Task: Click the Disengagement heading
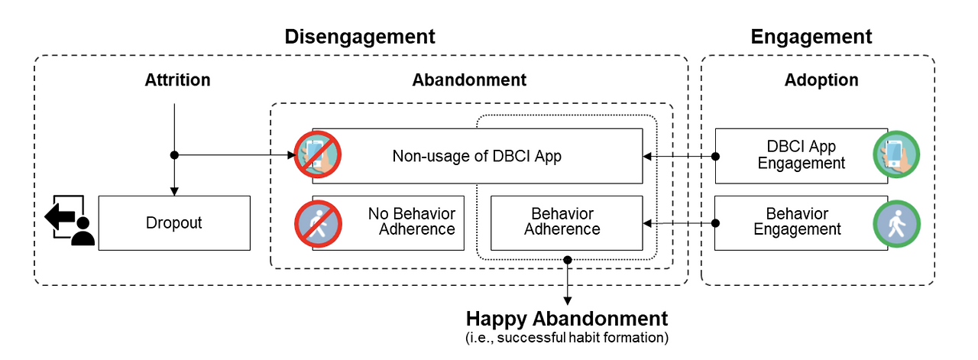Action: [360, 37]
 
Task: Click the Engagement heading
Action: [811, 37]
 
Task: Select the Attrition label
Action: [178, 80]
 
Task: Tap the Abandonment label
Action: [469, 80]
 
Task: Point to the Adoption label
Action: [821, 80]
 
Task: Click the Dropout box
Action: [174, 223]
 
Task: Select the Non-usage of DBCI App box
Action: [478, 156]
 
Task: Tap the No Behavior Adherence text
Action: [411, 221]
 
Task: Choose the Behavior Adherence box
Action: [567, 223]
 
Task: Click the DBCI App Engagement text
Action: [802, 154]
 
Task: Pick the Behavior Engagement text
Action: [797, 221]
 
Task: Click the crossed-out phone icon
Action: [317, 154]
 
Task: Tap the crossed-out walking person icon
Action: [318, 224]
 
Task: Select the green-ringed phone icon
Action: [896, 154]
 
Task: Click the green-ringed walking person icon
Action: [897, 224]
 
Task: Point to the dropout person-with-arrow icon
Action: [70, 220]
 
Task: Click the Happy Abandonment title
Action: [567, 319]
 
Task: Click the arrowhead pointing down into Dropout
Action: [174, 192]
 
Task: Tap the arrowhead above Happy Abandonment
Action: [567, 301]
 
